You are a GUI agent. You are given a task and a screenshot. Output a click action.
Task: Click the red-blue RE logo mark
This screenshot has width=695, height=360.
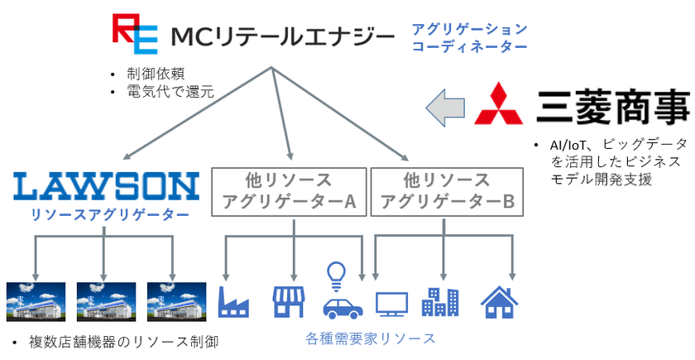pos(133,34)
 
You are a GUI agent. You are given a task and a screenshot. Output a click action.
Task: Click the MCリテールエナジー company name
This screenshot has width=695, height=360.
pos(281,37)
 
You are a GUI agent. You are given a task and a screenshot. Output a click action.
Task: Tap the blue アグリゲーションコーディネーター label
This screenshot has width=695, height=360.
pos(469,38)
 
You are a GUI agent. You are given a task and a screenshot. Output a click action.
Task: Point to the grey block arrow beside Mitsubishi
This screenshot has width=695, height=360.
pos(447,107)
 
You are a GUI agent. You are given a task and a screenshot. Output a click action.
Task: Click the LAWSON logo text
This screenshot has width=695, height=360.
pos(106,185)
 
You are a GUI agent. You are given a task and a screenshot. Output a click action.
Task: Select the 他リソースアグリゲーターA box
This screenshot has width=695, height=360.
pos(290,192)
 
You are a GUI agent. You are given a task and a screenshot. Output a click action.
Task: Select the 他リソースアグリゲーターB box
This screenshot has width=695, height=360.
pos(447,192)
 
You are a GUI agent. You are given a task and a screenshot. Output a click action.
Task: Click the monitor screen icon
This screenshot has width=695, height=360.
pos(391,304)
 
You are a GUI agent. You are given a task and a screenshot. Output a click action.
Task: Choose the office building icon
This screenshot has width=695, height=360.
pos(439,301)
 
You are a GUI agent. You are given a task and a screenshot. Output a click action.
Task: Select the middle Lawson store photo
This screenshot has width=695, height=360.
pos(106,301)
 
